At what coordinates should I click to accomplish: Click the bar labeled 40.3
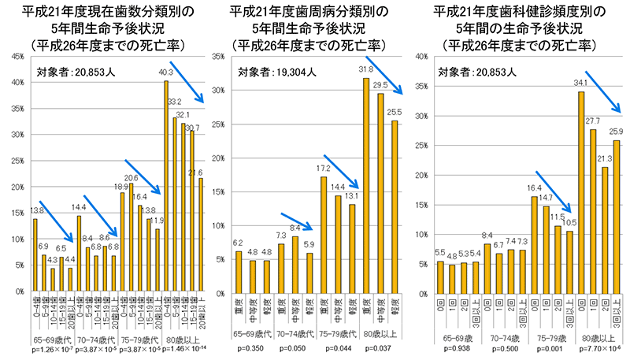tap(166, 186)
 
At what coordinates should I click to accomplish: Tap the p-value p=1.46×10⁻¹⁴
tap(183, 348)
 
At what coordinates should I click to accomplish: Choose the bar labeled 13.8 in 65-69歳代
tap(35, 254)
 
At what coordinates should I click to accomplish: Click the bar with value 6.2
tap(239, 271)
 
